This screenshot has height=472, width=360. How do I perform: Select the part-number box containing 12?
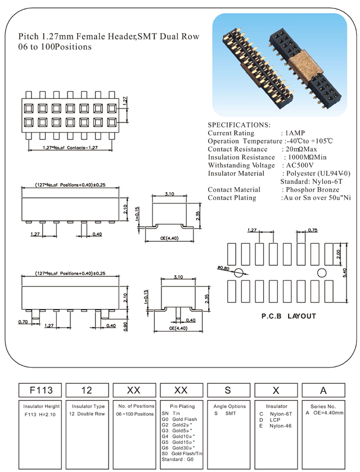[86, 389]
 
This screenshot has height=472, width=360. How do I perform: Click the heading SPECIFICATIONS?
[239, 124]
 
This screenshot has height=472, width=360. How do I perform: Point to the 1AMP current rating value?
[296, 133]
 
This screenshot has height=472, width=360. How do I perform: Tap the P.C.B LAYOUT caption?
[289, 316]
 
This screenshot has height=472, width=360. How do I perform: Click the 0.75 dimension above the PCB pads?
[313, 230]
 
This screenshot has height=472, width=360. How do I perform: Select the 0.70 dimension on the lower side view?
[24, 322]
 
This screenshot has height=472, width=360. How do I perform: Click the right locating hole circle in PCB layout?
[322, 273]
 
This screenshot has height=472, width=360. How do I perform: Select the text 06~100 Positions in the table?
[134, 414]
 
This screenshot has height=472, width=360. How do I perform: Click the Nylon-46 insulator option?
[280, 426]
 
